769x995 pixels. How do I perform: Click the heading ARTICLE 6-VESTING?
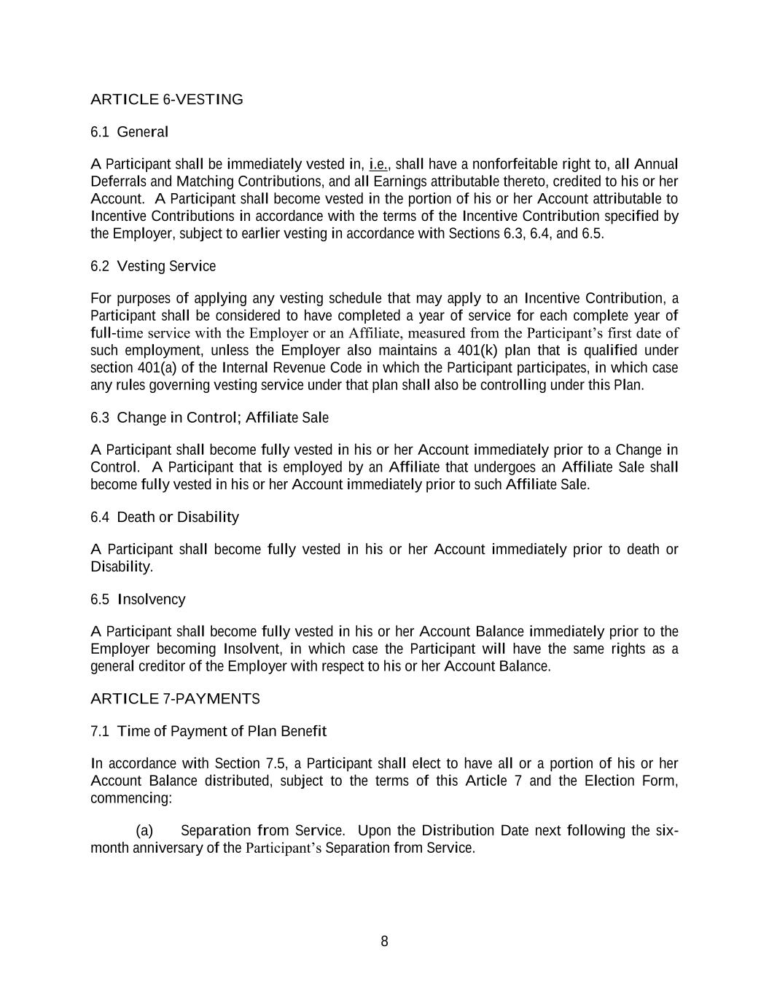[166, 100]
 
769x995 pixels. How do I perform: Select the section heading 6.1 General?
[129, 132]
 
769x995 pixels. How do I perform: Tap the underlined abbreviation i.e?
[378, 163]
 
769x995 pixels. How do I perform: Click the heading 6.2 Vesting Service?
[153, 266]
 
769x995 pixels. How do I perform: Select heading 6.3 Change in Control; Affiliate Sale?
[209, 418]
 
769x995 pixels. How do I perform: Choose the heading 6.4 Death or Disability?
[164, 518]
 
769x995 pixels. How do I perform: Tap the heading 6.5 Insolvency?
[138, 599]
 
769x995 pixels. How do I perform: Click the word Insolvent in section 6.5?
[252, 649]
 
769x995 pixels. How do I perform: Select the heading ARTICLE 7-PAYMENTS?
[175, 699]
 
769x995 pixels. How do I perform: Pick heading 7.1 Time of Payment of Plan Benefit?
[208, 731]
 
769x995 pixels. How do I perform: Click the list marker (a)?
[144, 831]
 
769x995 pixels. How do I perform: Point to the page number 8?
[384, 942]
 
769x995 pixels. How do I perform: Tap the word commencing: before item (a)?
[131, 798]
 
